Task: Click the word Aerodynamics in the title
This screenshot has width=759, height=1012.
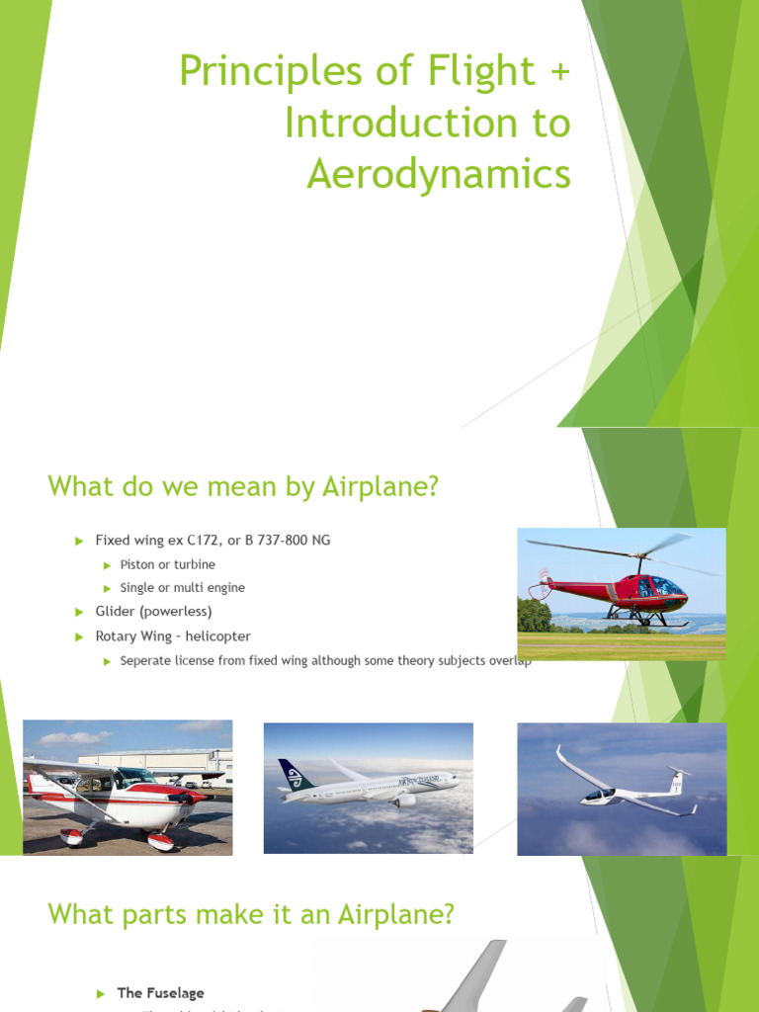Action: coord(439,174)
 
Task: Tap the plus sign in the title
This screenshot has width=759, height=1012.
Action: coord(558,71)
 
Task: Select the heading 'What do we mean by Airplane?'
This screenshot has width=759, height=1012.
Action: coord(242,486)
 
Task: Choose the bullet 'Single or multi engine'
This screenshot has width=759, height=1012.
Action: coord(182,588)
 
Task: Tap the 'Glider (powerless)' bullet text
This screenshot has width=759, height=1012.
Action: coord(153,612)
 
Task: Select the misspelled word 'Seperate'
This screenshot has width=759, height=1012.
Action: coord(147,660)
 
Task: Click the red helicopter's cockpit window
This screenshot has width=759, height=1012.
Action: coord(661,586)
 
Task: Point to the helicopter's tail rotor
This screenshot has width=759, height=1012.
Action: coord(541,584)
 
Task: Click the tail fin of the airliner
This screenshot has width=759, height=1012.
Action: coord(293,776)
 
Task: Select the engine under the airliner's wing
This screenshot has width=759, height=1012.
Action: coord(404,801)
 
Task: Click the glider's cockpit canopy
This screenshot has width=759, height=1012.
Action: coord(597,794)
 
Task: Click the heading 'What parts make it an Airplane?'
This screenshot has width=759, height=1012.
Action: coord(251,914)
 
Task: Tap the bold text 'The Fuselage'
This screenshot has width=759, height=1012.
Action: coord(160,992)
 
